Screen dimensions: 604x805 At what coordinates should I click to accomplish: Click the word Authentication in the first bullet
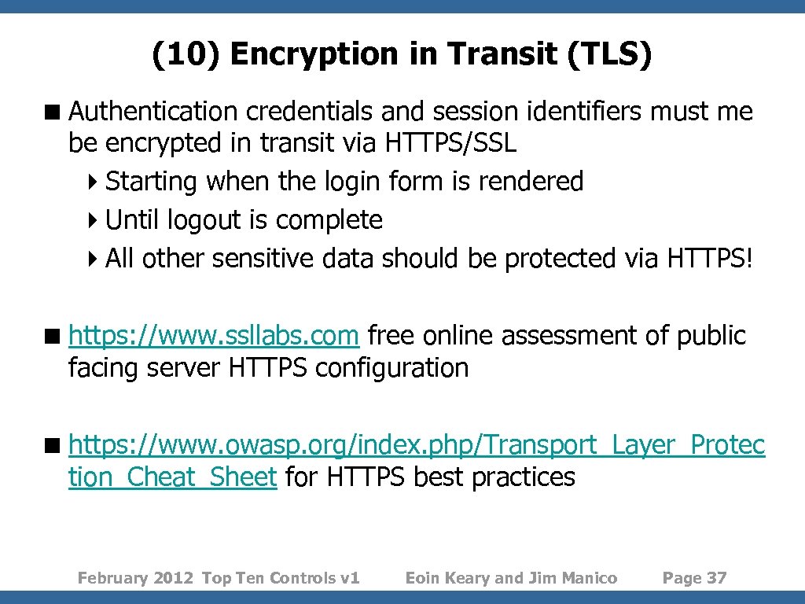(153, 112)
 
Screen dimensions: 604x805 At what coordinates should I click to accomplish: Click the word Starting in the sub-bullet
(151, 182)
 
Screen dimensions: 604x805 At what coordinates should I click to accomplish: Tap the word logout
(205, 220)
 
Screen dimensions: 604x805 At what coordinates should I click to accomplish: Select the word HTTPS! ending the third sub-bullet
(710, 258)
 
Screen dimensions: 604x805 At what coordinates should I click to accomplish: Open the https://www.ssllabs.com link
(214, 336)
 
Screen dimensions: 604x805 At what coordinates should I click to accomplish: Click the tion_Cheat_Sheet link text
(172, 477)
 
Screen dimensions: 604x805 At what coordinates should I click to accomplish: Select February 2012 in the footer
(135, 579)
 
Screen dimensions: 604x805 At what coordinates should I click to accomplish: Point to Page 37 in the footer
(694, 579)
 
